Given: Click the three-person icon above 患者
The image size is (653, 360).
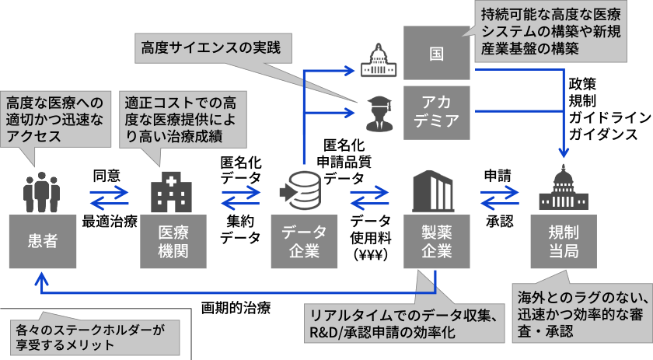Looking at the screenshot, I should click(x=40, y=192).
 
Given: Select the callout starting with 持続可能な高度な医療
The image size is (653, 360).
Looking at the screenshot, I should click(x=553, y=30).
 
